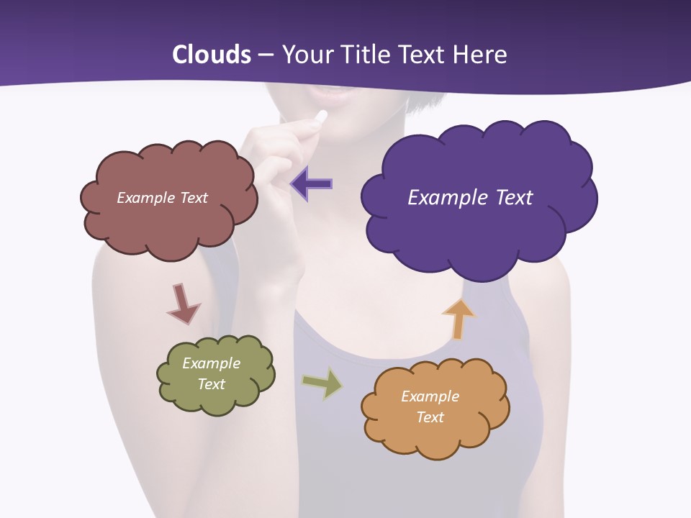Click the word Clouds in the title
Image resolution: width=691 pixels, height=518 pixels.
point(212,55)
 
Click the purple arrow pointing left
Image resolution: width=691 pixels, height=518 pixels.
point(312,184)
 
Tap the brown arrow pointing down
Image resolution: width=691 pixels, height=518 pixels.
point(183,304)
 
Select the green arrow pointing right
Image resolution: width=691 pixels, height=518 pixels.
point(323,383)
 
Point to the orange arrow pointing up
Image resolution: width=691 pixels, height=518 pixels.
point(458,318)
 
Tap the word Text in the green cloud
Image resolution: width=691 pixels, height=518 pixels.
point(212,384)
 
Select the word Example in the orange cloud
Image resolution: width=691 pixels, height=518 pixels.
point(430,396)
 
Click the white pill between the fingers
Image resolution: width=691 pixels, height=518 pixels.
point(321,117)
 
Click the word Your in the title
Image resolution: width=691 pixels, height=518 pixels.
point(303,55)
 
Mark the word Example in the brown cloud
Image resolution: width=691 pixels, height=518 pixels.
point(144,198)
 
